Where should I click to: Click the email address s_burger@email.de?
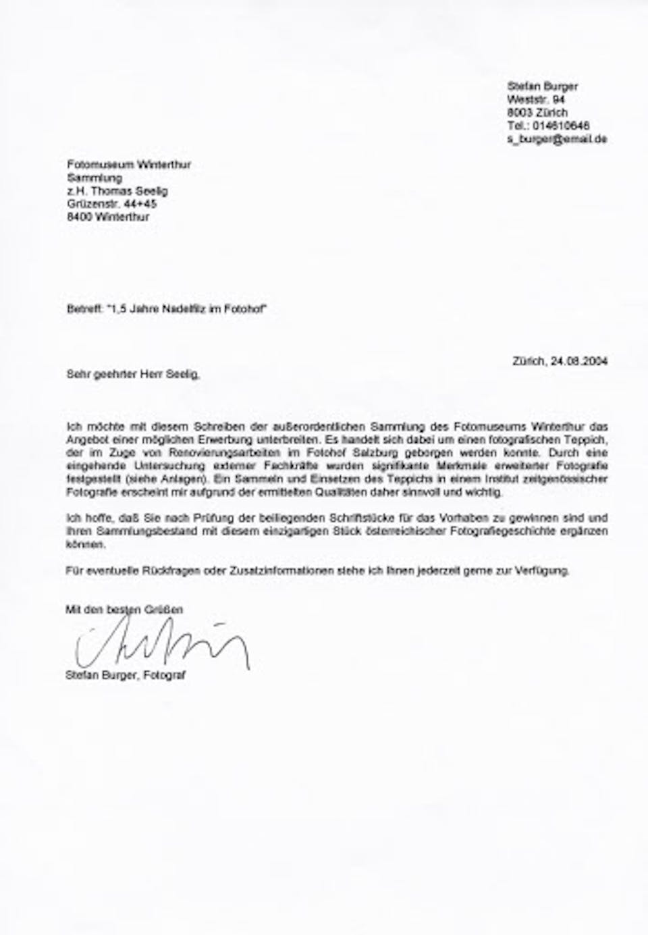557,138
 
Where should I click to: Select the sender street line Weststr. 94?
537,99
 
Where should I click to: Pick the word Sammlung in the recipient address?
94,178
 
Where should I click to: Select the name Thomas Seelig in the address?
127,191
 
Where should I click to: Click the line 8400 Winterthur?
108,217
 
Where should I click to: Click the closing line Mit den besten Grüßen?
124,610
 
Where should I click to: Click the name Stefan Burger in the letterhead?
542,86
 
